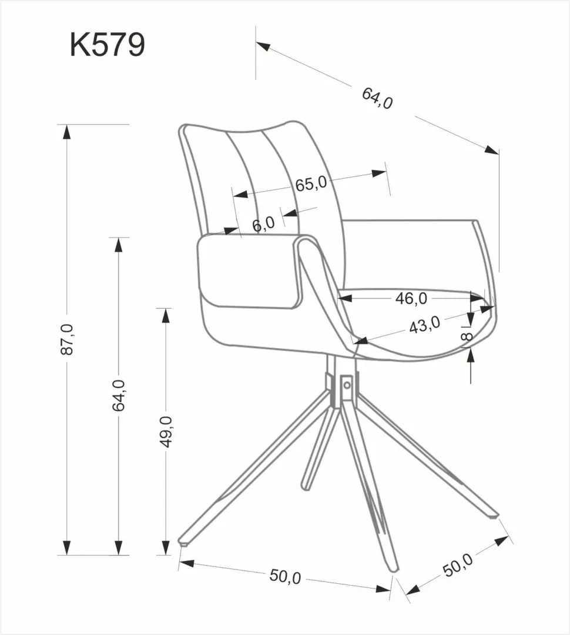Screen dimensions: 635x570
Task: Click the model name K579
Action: (107, 45)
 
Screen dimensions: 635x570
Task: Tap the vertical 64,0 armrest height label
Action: (119, 395)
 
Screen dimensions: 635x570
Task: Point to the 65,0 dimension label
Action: (311, 184)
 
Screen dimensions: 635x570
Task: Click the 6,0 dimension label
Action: (263, 223)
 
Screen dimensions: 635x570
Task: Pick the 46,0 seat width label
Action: (411, 298)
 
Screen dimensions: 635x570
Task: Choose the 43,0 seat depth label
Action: (424, 325)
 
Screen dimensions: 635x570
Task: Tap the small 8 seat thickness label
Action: (467, 336)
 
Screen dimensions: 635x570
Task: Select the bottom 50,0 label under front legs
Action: (285, 577)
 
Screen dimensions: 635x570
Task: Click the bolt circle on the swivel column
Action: (347, 385)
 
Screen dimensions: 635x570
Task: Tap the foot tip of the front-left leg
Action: (184, 542)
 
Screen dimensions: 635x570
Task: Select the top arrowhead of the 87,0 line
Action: (66, 132)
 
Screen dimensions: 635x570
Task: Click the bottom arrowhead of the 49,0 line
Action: (166, 548)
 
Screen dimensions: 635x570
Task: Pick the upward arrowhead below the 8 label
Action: (471, 354)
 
